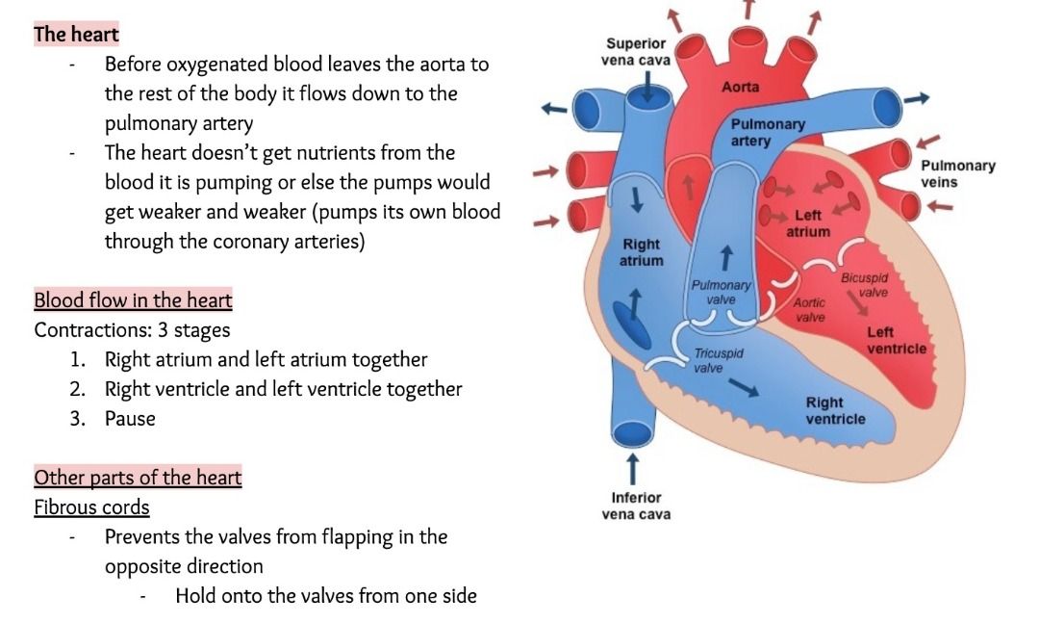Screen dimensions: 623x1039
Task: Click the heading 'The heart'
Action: [x=76, y=35]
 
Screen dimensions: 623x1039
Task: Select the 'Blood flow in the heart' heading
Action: [x=133, y=300]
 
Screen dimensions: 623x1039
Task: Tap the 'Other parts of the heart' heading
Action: [x=138, y=478]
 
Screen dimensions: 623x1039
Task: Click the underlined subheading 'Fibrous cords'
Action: [x=91, y=507]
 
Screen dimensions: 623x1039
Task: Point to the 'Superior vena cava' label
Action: [x=635, y=52]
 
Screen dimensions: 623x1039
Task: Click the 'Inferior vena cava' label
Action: [x=636, y=506]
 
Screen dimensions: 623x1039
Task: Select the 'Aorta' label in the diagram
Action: [x=740, y=88]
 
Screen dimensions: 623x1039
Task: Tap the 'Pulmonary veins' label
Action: [x=957, y=173]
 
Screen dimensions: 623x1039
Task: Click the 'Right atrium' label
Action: [x=642, y=252]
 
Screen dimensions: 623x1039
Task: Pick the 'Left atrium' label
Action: [x=807, y=223]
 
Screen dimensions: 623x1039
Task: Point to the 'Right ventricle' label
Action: [x=835, y=410]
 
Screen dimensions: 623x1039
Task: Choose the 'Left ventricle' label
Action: [x=896, y=340]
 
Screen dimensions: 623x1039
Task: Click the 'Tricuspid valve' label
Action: [x=718, y=361]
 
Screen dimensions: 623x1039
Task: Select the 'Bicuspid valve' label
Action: [x=864, y=285]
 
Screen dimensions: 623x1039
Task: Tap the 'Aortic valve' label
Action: [x=810, y=310]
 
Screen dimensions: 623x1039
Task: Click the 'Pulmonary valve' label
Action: [x=721, y=293]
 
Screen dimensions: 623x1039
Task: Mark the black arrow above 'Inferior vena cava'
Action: [x=632, y=469]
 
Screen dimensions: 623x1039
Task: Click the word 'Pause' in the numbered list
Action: [x=130, y=419]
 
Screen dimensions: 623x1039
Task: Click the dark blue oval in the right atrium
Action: [x=631, y=330]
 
